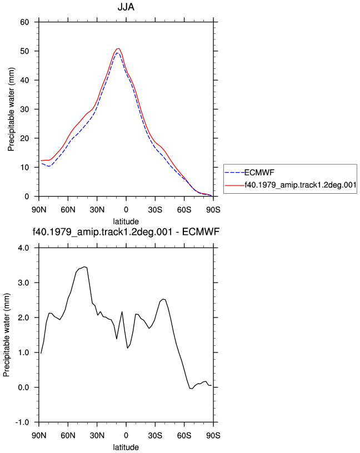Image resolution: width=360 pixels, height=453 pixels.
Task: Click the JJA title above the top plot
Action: [x=126, y=7]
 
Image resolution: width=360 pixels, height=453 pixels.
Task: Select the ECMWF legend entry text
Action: [x=259, y=173]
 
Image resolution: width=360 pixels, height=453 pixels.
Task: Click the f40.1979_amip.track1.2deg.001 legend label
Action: [x=301, y=185]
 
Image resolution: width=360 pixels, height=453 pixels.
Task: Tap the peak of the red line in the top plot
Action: [x=118, y=48]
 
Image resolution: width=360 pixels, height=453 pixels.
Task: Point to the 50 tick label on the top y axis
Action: [x=24, y=51]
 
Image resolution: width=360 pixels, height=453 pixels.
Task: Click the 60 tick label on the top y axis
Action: [x=24, y=22]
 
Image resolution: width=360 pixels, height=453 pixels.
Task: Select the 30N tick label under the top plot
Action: [x=97, y=209]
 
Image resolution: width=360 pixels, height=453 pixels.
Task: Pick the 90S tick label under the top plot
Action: [x=213, y=209]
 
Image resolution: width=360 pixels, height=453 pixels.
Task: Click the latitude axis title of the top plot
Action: [x=126, y=222]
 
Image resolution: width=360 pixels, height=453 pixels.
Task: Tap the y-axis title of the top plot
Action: [x=11, y=109]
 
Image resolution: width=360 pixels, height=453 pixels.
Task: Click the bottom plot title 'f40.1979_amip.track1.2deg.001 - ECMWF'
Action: [x=126, y=231]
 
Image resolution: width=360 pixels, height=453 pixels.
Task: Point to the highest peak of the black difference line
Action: [x=84, y=266]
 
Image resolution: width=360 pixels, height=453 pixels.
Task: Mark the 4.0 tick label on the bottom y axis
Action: [x=23, y=248]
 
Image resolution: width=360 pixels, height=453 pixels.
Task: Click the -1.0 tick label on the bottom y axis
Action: [x=22, y=422]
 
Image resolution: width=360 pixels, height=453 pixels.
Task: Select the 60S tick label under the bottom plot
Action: [x=184, y=435]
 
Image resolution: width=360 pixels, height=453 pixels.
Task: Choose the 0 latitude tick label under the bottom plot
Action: [x=126, y=435]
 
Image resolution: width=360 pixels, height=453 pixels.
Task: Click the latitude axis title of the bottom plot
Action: [x=126, y=447]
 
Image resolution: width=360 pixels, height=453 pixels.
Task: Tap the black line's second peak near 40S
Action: [x=163, y=299]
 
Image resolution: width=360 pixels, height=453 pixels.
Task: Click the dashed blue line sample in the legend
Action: [x=234, y=173]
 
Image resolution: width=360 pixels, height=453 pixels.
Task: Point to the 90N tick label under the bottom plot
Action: [x=39, y=435]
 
